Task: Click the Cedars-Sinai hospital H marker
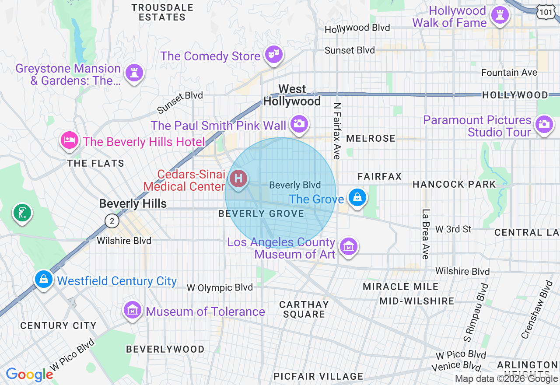pyautogui.click(x=239, y=179)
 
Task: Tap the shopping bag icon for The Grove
pyautogui.click(x=357, y=197)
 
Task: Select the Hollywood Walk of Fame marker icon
pyautogui.click(x=500, y=15)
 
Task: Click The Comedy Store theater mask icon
pyautogui.click(x=274, y=55)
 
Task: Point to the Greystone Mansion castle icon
pyautogui.click(x=134, y=73)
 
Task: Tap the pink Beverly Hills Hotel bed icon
pyautogui.click(x=70, y=140)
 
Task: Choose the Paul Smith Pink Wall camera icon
pyautogui.click(x=299, y=124)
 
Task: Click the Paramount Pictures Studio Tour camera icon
pyautogui.click(x=544, y=124)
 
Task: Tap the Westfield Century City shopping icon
pyautogui.click(x=44, y=279)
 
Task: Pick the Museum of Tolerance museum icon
pyautogui.click(x=132, y=310)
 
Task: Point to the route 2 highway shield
pyautogui.click(x=112, y=221)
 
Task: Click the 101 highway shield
pyautogui.click(x=546, y=12)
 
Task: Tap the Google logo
pyautogui.click(x=29, y=374)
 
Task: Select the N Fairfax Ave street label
pyautogui.click(x=336, y=131)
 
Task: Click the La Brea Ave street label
pyautogui.click(x=425, y=234)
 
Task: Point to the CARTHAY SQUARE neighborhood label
pyautogui.click(x=304, y=309)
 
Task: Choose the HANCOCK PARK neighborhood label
pyautogui.click(x=454, y=184)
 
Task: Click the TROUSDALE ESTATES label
pyautogui.click(x=162, y=12)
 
